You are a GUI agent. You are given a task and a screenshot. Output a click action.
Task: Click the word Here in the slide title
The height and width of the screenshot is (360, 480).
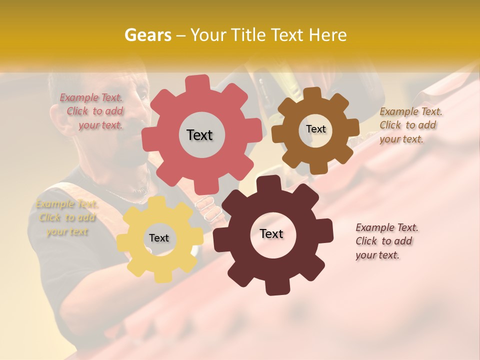coord(328,35)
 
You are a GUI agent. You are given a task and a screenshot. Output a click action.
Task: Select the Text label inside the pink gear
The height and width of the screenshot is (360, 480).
coord(199,135)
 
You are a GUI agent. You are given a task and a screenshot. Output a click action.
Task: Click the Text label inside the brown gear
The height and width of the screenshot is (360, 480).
coord(315,129)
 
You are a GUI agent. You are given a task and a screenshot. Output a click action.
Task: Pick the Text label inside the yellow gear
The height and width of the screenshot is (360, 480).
coord(159,238)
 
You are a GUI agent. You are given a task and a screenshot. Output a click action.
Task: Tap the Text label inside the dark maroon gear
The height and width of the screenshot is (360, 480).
coord(271,234)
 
